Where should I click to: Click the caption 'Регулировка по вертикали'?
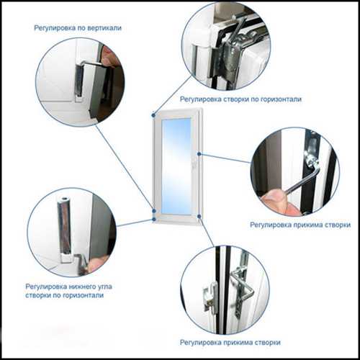(x=78, y=28)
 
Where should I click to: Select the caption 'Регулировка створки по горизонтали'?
(x=240, y=99)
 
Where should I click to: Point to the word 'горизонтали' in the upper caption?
(x=281, y=99)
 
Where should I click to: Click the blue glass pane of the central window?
(x=176, y=166)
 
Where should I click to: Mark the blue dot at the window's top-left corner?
(x=153, y=115)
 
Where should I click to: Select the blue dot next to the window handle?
(x=199, y=154)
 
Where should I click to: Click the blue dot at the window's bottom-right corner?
(x=199, y=217)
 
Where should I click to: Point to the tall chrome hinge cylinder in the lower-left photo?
(x=65, y=225)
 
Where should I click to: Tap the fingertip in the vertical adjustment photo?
(x=109, y=56)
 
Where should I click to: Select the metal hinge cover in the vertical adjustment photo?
(x=78, y=81)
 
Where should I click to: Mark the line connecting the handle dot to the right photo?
(x=225, y=158)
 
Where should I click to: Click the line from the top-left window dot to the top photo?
(x=173, y=96)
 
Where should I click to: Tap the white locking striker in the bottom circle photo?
(x=211, y=297)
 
